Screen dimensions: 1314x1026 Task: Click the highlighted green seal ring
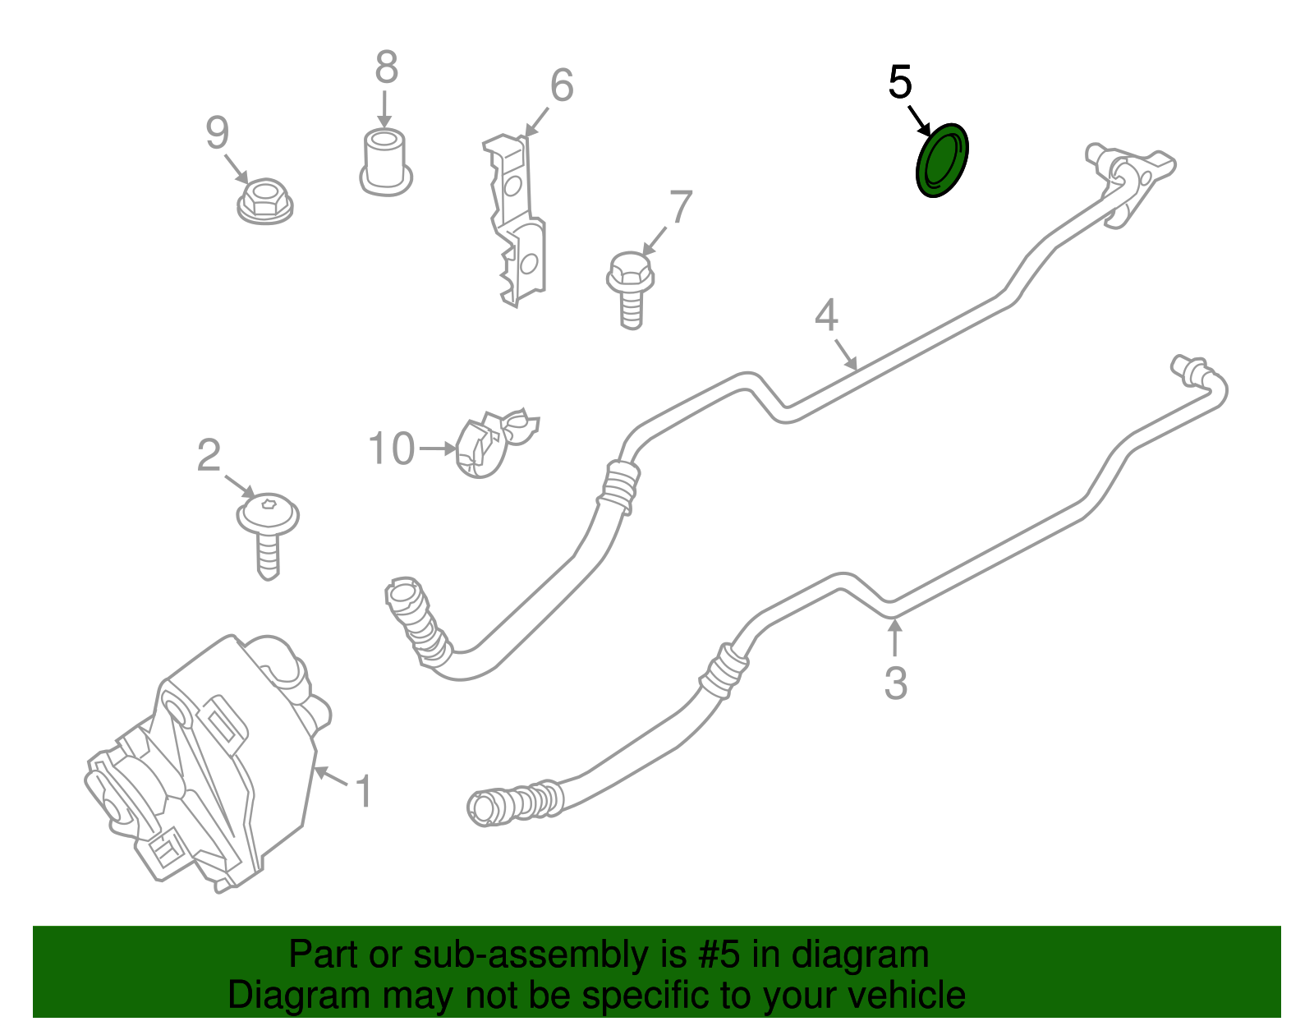pyautogui.click(x=942, y=160)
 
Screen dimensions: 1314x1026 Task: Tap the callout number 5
pyautogui.click(x=900, y=82)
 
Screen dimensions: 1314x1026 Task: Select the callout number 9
pyautogui.click(x=217, y=132)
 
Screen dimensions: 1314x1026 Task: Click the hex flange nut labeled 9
pyautogui.click(x=265, y=200)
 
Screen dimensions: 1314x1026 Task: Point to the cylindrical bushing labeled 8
pyautogui.click(x=386, y=162)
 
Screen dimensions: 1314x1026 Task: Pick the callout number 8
pyautogui.click(x=387, y=67)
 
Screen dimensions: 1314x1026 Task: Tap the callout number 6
pyautogui.click(x=562, y=85)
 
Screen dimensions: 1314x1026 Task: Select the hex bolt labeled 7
pyautogui.click(x=630, y=290)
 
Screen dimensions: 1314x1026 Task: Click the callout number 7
pyautogui.click(x=681, y=207)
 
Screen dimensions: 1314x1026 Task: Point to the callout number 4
pyautogui.click(x=826, y=315)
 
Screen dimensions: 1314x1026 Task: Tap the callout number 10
pyautogui.click(x=391, y=449)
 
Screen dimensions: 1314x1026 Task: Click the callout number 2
pyautogui.click(x=209, y=455)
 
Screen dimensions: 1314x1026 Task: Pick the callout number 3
pyautogui.click(x=895, y=683)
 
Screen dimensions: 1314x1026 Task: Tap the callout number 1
pyautogui.click(x=364, y=791)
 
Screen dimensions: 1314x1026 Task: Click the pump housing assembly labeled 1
pyautogui.click(x=208, y=763)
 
